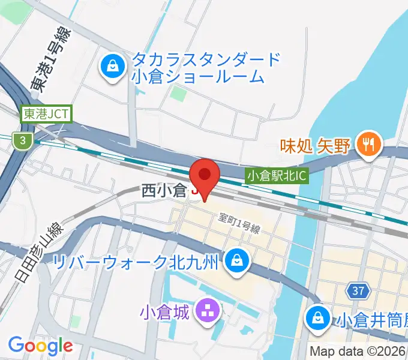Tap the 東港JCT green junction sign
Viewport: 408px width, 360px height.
(x=46, y=113)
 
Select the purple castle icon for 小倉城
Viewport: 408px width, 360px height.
(x=208, y=311)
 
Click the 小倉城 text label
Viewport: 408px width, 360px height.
(x=164, y=312)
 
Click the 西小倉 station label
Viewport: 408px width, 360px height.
(x=164, y=191)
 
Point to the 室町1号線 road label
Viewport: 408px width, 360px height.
(x=239, y=225)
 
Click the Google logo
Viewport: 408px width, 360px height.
(x=40, y=346)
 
